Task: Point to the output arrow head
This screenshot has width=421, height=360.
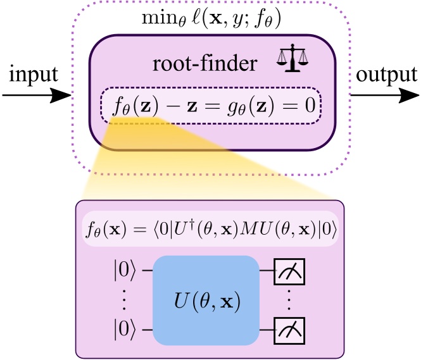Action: [x=409, y=96]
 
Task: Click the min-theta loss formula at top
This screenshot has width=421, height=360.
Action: [x=211, y=18]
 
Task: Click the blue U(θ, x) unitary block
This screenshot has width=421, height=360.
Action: [x=206, y=300]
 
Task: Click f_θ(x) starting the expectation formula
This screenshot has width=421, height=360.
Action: [x=102, y=230]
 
